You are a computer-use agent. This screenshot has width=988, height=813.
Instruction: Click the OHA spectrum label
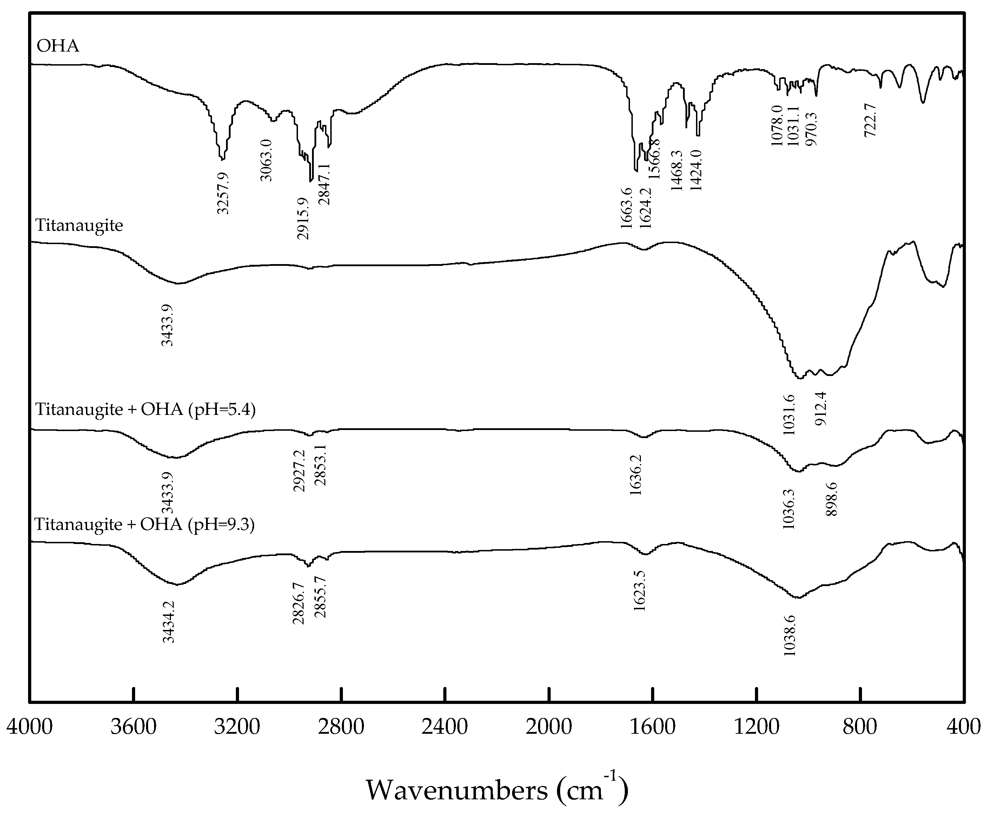tap(58, 46)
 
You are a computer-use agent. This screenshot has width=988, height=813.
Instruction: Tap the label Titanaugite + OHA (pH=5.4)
tap(145, 409)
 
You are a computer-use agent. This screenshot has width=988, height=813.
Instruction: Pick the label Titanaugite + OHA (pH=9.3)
tap(144, 524)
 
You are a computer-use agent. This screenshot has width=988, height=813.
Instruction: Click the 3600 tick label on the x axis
tap(134, 727)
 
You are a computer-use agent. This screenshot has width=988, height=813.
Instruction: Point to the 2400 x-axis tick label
tap(445, 727)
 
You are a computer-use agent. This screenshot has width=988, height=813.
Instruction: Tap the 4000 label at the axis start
tap(29, 727)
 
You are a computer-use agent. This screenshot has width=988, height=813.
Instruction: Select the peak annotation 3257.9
tap(223, 193)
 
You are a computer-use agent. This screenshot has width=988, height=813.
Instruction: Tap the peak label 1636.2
tap(636, 475)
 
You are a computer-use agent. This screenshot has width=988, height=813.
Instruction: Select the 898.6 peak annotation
tap(831, 499)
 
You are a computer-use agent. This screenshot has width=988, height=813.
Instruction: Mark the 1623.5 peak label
tap(639, 591)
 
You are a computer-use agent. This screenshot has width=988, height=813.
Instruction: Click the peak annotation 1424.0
tap(696, 170)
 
